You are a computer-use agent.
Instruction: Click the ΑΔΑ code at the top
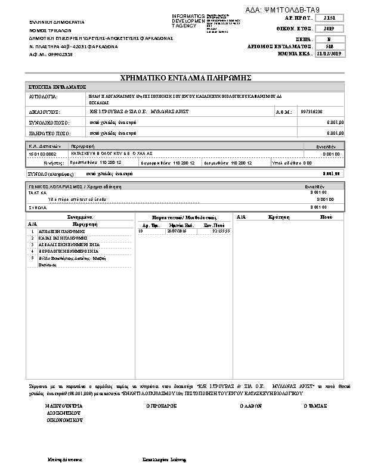283,10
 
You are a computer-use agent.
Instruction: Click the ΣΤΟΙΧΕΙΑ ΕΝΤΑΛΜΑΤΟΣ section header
58,87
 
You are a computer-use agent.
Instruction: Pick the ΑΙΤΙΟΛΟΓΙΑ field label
44,95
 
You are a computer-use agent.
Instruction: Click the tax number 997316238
312,111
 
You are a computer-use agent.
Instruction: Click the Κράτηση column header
279,218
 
